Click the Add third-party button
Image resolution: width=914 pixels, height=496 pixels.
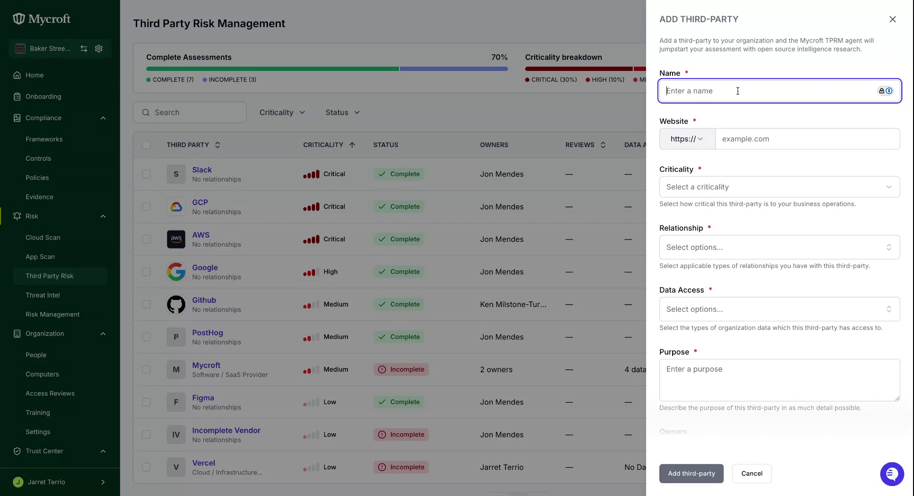point(691,474)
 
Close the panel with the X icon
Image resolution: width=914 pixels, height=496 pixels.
point(893,20)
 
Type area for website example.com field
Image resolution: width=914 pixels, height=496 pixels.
point(807,139)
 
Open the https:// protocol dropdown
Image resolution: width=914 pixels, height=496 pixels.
point(687,139)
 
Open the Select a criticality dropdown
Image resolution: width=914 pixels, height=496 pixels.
point(779,187)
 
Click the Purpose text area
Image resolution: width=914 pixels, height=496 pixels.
point(779,380)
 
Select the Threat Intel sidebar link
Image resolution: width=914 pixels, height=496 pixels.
point(43,295)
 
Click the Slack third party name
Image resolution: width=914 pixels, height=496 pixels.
point(202,170)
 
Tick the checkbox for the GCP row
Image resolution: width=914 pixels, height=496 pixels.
point(146,207)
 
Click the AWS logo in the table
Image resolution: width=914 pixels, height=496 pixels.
point(176,239)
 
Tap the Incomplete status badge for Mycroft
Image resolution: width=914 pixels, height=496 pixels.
point(401,369)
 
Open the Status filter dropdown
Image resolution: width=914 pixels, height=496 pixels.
point(343,113)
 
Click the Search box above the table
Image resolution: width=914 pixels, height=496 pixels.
point(189,113)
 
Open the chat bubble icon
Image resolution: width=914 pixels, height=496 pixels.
point(892,474)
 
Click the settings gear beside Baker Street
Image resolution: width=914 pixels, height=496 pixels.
point(99,49)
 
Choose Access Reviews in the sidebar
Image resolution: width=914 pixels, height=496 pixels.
point(50,394)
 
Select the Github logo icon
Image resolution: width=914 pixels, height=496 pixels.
point(176,304)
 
